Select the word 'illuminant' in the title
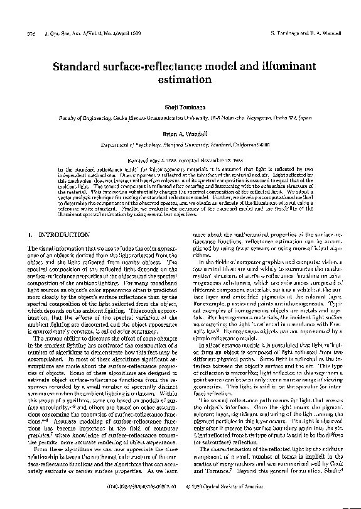point(278,64)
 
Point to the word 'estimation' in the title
point(180,80)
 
